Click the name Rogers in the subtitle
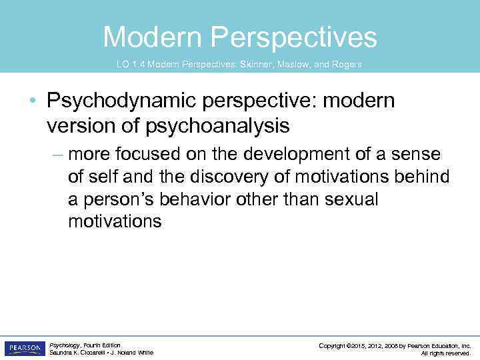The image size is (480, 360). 347,64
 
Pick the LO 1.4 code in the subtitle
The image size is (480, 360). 130,64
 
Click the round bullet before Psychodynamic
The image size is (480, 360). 33,102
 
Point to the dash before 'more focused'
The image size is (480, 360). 57,155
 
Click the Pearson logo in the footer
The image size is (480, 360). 24,348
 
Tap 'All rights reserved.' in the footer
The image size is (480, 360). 445,353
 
